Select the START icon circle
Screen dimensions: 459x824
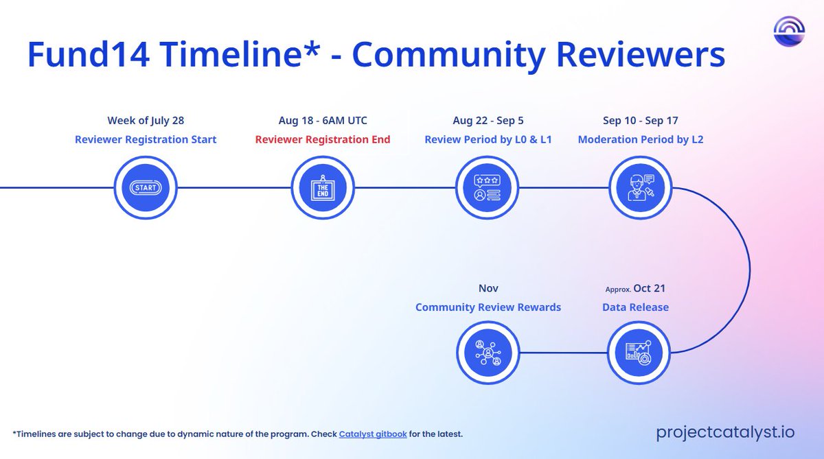point(146,187)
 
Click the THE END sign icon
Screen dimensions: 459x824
point(323,187)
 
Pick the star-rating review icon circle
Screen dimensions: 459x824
point(488,187)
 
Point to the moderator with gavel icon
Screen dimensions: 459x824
point(641,187)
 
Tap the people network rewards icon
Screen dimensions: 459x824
point(488,353)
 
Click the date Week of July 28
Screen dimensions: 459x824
point(146,121)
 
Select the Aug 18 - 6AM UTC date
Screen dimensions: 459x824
point(323,121)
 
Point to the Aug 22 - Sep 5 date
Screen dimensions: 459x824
point(488,121)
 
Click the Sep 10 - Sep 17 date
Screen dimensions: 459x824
point(641,121)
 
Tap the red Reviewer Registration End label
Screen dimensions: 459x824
point(323,140)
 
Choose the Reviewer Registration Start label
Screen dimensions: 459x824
point(146,140)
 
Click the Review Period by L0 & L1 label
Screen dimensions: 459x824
point(488,140)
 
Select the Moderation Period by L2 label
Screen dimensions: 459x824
point(641,140)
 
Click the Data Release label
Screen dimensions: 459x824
point(635,307)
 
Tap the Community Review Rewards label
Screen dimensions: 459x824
point(488,307)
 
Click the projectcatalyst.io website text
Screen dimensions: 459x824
point(725,432)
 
